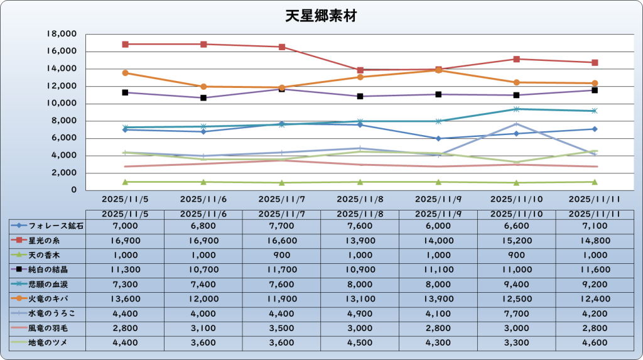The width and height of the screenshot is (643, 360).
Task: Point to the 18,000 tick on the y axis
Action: click(x=62, y=34)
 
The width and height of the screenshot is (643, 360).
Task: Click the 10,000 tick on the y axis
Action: click(x=62, y=103)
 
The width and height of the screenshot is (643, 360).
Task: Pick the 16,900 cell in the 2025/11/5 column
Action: click(x=125, y=240)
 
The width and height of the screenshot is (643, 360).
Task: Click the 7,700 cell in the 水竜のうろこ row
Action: click(x=516, y=313)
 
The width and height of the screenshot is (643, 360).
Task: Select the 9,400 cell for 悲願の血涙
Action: click(x=516, y=284)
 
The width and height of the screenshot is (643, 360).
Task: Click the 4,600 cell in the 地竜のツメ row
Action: click(x=595, y=342)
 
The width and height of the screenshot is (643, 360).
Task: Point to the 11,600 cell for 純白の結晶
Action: click(x=595, y=269)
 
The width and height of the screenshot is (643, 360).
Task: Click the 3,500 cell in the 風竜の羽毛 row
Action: click(x=282, y=328)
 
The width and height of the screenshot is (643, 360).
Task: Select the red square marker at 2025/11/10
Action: click(x=516, y=59)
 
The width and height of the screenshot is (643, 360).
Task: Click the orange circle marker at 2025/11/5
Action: click(x=126, y=73)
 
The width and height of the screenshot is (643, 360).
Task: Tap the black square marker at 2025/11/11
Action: click(x=595, y=90)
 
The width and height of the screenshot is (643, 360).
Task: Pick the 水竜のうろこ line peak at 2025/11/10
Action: click(x=516, y=124)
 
